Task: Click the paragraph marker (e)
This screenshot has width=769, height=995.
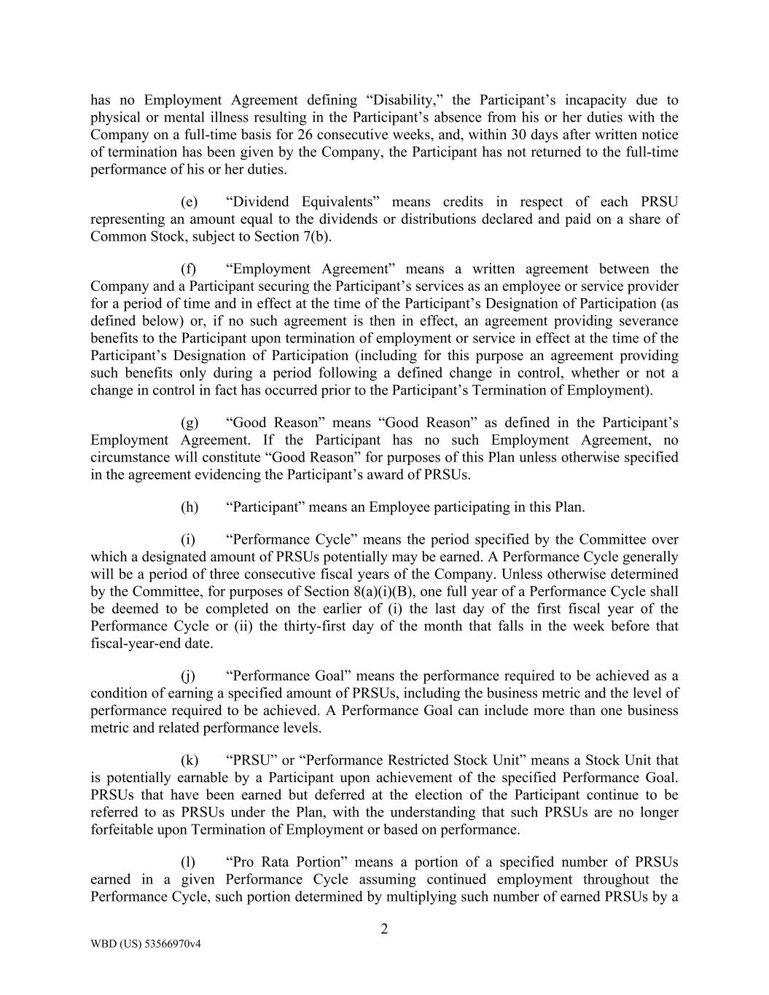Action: [x=189, y=202]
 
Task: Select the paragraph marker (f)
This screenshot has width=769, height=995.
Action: [x=188, y=269]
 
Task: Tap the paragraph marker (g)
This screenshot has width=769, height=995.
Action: [x=189, y=423]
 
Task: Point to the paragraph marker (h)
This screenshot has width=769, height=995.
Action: [x=189, y=507]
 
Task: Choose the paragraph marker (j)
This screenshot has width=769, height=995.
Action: [x=188, y=676]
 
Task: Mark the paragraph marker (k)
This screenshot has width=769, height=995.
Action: [x=189, y=760]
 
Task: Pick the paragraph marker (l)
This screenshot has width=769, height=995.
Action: [x=188, y=862]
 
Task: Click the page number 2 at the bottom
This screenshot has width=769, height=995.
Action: [x=384, y=929]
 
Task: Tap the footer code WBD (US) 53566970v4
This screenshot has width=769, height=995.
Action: [x=146, y=943]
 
